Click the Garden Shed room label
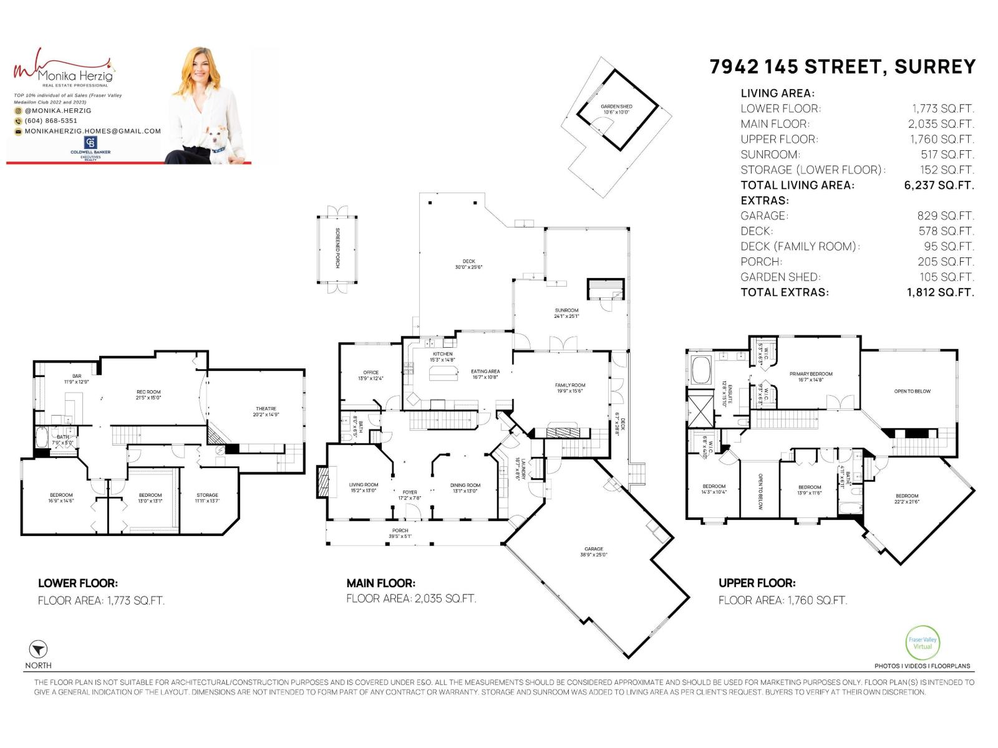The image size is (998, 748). pyautogui.click(x=616, y=109)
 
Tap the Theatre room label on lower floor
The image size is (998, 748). pyautogui.click(x=265, y=411)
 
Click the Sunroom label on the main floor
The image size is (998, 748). pyautogui.click(x=566, y=313)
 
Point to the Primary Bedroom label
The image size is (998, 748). pyautogui.click(x=811, y=376)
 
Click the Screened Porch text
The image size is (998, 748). pyautogui.click(x=337, y=248)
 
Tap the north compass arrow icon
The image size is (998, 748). pyautogui.click(x=38, y=649)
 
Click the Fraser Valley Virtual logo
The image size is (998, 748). pyautogui.click(x=922, y=643)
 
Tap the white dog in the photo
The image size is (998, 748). pyautogui.click(x=218, y=145)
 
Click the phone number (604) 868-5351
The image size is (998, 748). pyautogui.click(x=51, y=121)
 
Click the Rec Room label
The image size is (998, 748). pyautogui.click(x=148, y=395)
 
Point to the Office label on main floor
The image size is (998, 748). pyautogui.click(x=371, y=375)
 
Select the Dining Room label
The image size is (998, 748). pyautogui.click(x=465, y=487)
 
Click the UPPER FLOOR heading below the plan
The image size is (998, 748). pyautogui.click(x=757, y=583)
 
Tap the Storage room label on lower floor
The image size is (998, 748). pyautogui.click(x=207, y=497)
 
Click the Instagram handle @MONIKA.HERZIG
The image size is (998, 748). pyautogui.click(x=58, y=110)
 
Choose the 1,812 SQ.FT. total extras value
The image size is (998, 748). pyautogui.click(x=940, y=292)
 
